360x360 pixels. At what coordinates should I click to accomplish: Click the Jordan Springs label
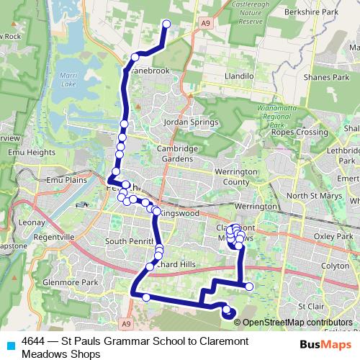[x=191, y=122]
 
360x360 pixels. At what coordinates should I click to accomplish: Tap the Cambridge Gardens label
[x=176, y=153]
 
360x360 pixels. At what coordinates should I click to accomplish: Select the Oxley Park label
[x=333, y=235]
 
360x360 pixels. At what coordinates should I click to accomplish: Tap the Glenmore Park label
[x=65, y=282]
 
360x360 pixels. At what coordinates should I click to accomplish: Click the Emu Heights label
[x=31, y=153]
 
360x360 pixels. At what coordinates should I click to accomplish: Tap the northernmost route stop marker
[x=167, y=24]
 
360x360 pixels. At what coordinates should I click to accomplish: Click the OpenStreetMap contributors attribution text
[x=297, y=322]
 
